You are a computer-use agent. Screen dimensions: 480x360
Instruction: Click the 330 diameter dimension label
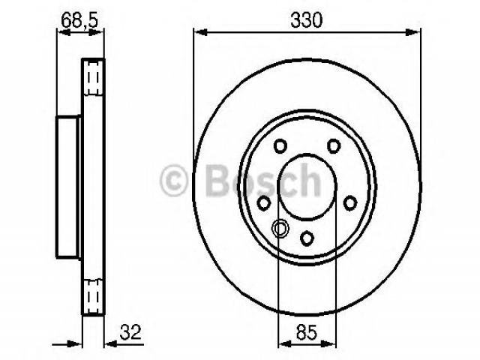point(307,20)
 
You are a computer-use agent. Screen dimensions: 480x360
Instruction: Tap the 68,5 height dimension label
point(79,20)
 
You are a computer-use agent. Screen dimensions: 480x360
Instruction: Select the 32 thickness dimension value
point(130,332)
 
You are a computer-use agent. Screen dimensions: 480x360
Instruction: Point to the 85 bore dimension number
point(307,332)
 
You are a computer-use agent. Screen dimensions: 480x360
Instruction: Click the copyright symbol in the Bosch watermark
point(173,180)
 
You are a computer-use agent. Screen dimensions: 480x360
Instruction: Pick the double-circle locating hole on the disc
point(280,228)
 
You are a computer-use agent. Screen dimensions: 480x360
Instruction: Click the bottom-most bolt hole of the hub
point(307,238)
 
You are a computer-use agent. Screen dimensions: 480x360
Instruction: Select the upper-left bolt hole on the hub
point(280,146)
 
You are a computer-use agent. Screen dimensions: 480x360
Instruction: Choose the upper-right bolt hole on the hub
point(333,146)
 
